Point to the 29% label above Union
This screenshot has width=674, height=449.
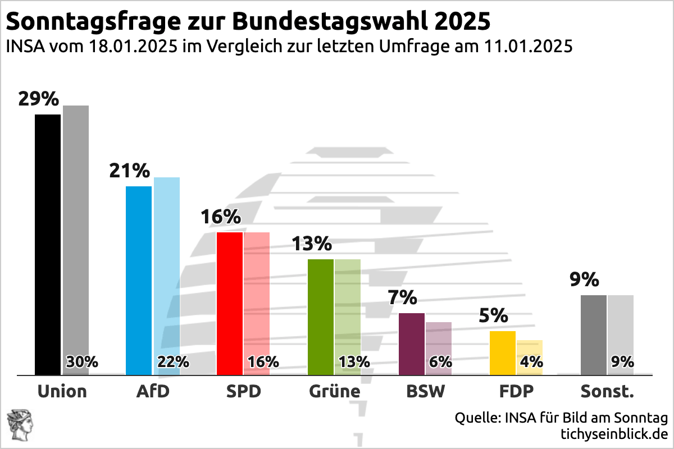point(38,99)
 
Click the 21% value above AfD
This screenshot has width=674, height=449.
point(130,171)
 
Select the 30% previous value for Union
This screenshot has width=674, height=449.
point(82,362)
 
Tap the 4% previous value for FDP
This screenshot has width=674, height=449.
point(531,362)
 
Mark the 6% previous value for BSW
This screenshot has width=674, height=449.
point(440,362)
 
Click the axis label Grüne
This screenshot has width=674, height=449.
point(334,391)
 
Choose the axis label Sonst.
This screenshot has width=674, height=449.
point(607,391)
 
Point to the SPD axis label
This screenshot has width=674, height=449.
point(243,391)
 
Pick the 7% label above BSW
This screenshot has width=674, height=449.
point(402,297)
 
